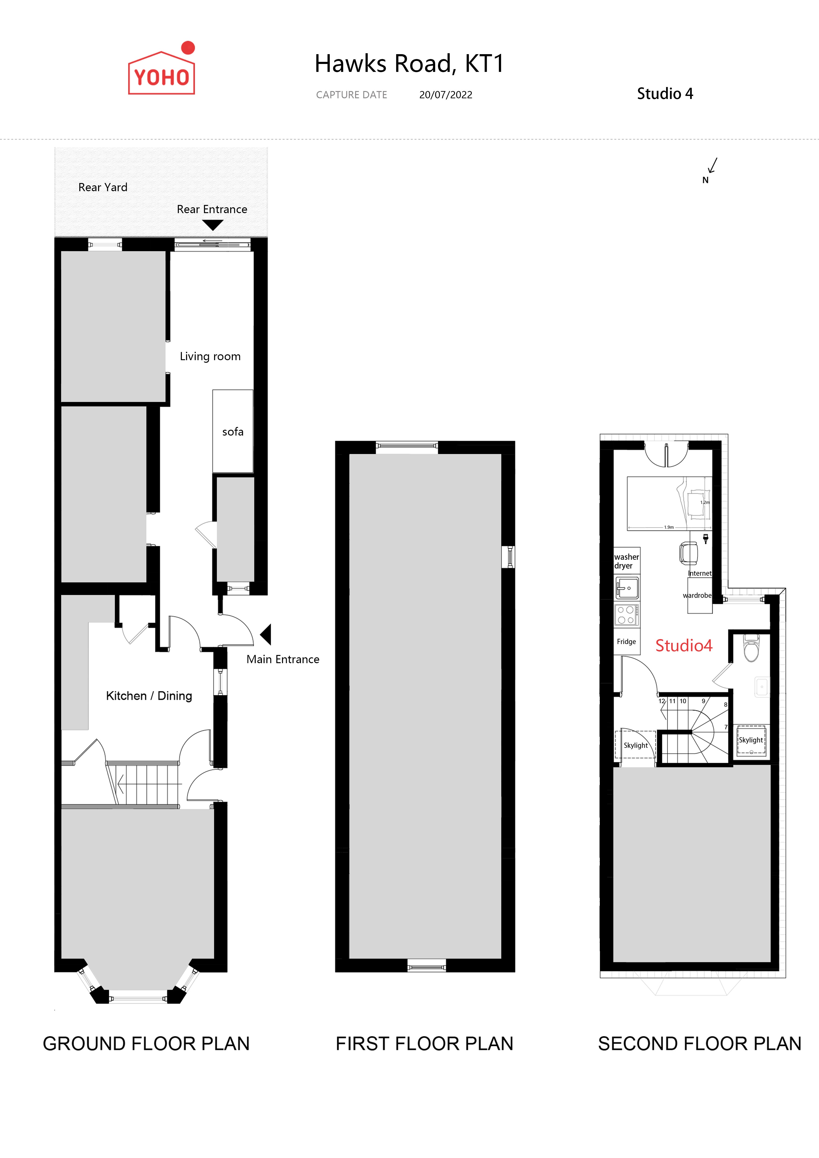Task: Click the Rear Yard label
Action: pos(103,187)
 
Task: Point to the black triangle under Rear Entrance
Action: pos(213,225)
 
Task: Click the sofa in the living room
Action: pos(233,431)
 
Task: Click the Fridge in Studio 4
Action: pos(626,641)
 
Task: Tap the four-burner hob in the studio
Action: pos(626,615)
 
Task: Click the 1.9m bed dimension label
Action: pos(669,527)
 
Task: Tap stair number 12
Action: pos(662,701)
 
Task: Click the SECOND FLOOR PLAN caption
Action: pos(699,1044)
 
